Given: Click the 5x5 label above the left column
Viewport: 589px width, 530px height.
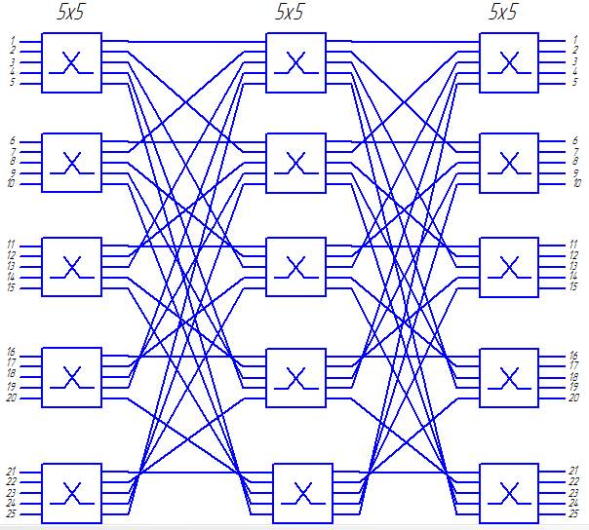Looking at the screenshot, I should click(71, 13).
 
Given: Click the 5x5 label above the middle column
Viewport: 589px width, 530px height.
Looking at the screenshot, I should click(290, 13).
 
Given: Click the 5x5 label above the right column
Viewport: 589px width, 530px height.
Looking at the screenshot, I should click(503, 13).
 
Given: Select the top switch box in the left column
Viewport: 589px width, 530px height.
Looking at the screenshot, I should click(71, 62).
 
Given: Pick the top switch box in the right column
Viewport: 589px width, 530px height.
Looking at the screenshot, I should click(509, 62).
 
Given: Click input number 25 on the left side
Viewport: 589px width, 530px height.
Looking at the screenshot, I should click(12, 512).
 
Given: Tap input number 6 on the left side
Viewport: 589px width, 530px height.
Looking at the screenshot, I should click(13, 141).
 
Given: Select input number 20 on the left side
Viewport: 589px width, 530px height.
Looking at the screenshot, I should click(12, 397).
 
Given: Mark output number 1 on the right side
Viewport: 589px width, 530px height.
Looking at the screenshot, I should click(574, 41).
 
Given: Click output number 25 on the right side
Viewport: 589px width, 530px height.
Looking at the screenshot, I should click(574, 512).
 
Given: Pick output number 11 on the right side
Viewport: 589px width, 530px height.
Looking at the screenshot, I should click(573, 245).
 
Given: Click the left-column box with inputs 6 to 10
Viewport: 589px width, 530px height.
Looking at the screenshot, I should click(71, 161).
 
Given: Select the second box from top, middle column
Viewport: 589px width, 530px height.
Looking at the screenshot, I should click(295, 161).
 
